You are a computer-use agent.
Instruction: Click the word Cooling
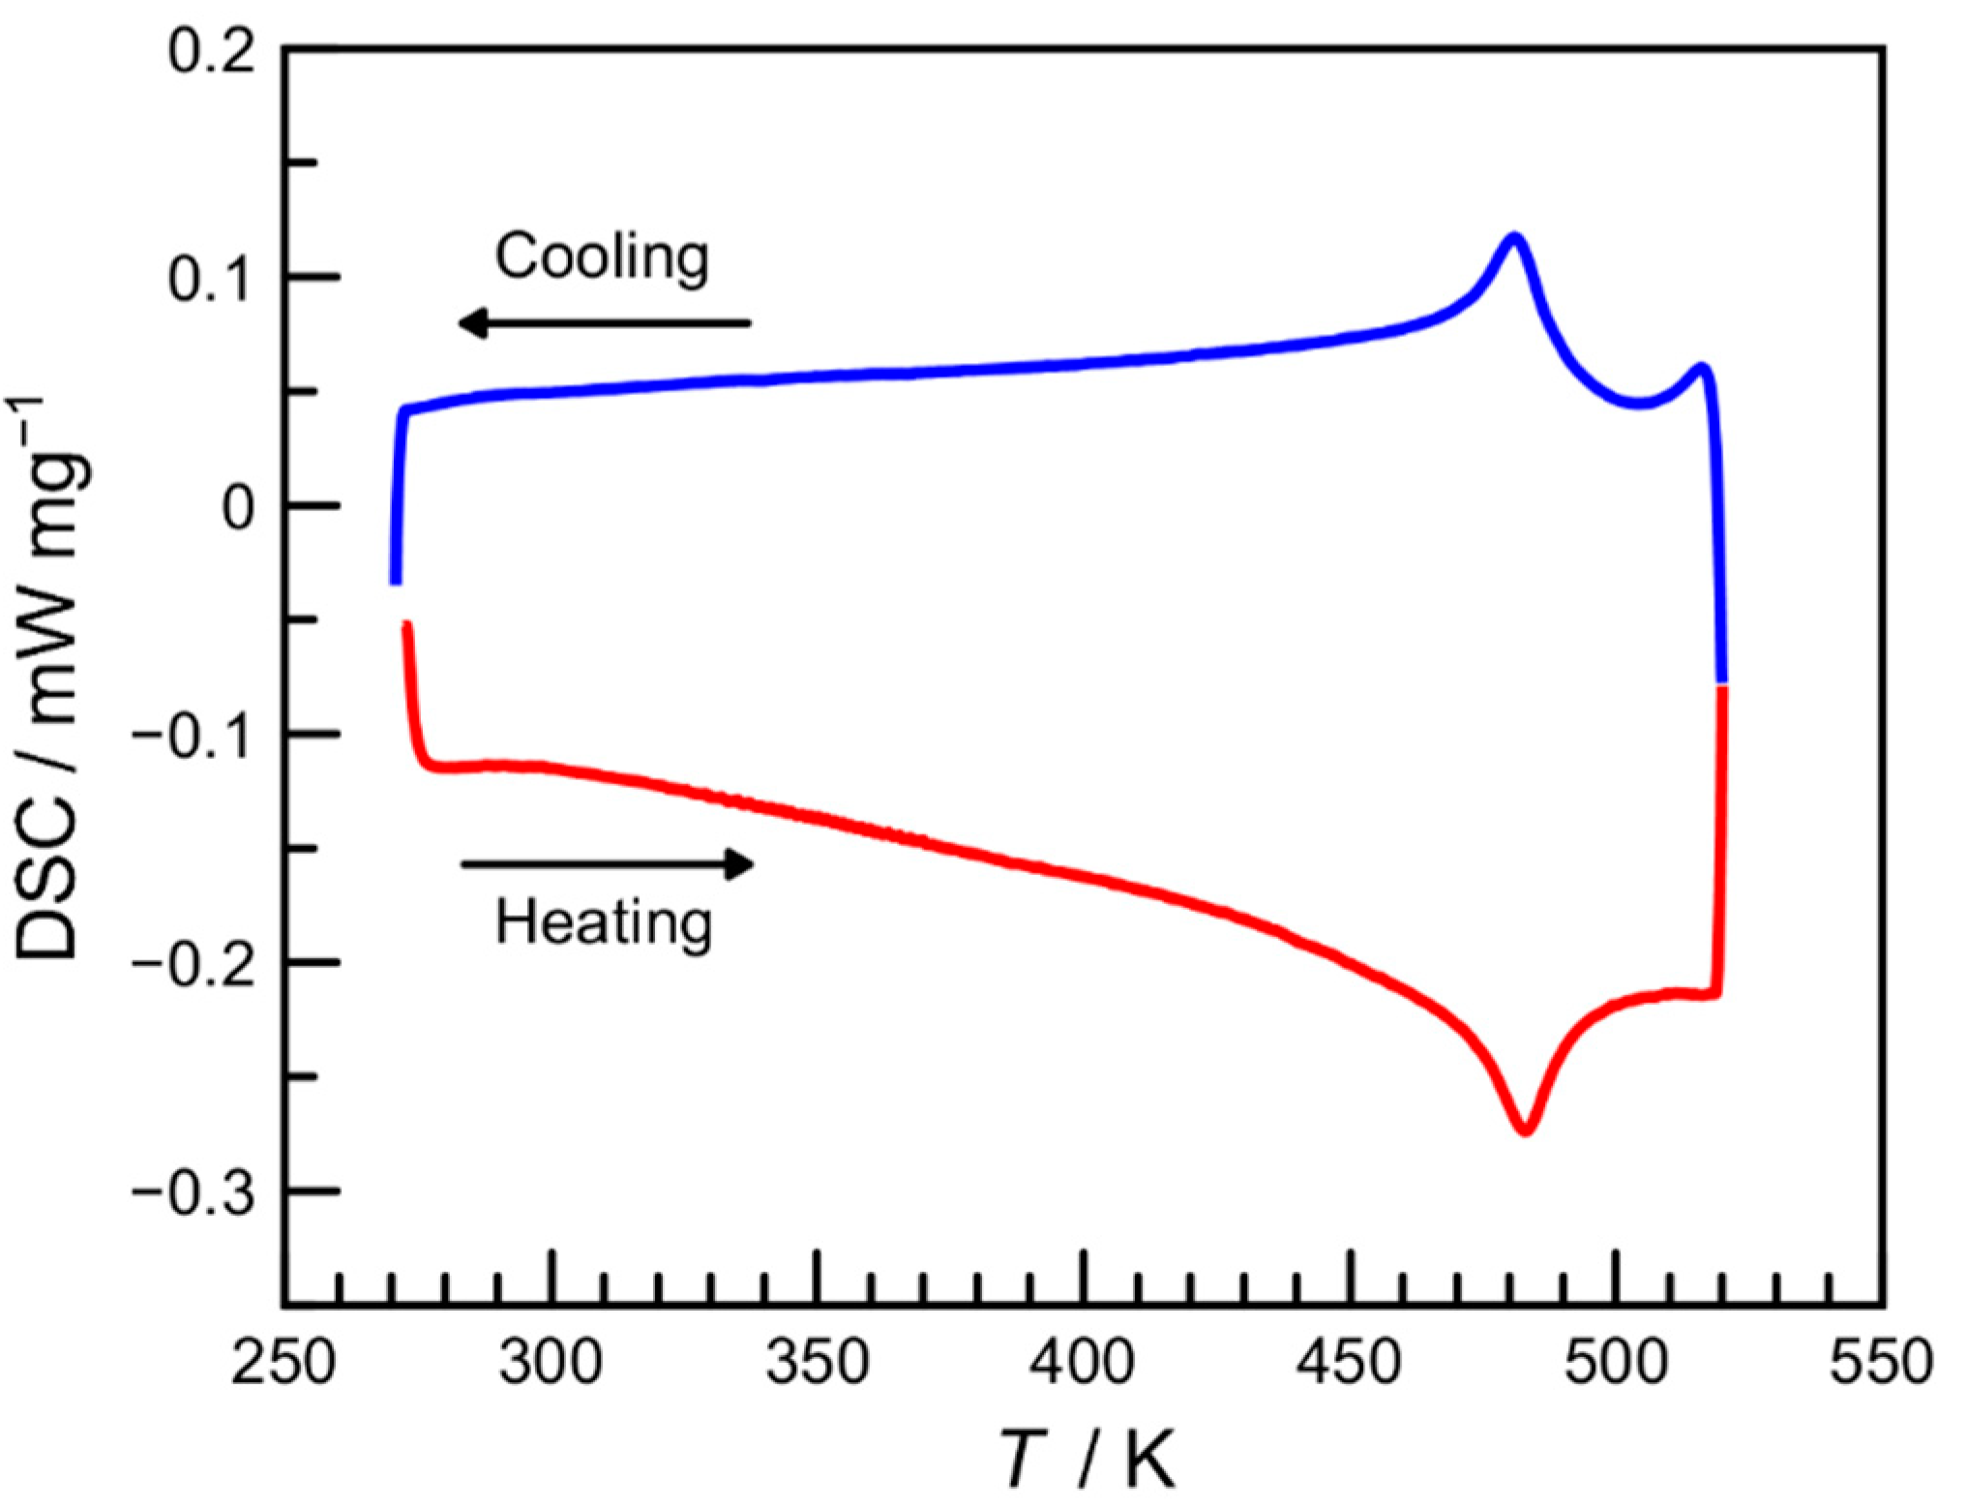click(x=602, y=257)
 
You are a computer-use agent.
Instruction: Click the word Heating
click(x=604, y=922)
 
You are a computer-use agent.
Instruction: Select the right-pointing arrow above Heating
click(x=608, y=863)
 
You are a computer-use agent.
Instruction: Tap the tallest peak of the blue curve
click(x=1512, y=236)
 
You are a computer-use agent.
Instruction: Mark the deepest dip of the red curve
click(x=1525, y=1130)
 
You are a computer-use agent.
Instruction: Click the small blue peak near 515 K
click(x=1700, y=368)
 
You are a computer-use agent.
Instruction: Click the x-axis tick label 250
click(x=283, y=1362)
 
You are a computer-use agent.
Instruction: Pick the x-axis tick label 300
click(x=551, y=1362)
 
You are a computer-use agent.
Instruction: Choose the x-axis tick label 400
click(x=1082, y=1362)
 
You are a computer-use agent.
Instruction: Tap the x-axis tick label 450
click(x=1349, y=1362)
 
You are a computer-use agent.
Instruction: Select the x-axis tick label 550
click(x=1881, y=1362)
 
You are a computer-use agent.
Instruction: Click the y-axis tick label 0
click(x=238, y=507)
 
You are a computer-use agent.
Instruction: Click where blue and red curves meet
click(x=1722, y=684)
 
